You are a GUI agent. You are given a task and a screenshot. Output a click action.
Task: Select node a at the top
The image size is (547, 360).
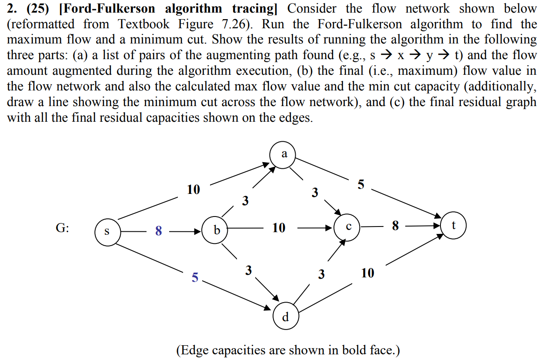pyautogui.click(x=284, y=154)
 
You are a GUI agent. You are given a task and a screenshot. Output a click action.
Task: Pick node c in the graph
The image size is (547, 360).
pyautogui.click(x=348, y=227)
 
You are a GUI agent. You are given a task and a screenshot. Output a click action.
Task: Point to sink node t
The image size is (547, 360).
pyautogui.click(x=454, y=226)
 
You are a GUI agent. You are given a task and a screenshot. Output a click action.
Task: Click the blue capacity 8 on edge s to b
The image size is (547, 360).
pyautogui.click(x=159, y=231)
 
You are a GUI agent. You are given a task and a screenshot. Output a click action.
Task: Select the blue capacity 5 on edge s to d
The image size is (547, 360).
pyautogui.click(x=195, y=277)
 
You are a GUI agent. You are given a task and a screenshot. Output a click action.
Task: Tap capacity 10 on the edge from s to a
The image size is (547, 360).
pyautogui.click(x=193, y=190)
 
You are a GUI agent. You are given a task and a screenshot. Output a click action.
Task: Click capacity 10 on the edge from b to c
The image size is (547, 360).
pyautogui.click(x=279, y=227)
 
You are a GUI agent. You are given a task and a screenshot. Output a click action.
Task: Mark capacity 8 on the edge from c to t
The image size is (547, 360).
pyautogui.click(x=395, y=226)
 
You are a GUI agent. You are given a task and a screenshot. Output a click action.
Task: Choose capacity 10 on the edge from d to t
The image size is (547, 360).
pyautogui.click(x=367, y=273)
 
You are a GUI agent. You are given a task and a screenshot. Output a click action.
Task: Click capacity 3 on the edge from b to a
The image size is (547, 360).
pyautogui.click(x=246, y=201)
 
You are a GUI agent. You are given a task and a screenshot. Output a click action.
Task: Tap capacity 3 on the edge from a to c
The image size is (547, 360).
pyautogui.click(x=315, y=192)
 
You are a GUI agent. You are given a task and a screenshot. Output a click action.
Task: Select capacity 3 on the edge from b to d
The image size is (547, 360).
pyautogui.click(x=248, y=270)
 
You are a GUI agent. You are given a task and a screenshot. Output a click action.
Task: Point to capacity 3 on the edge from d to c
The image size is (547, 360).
pyautogui.click(x=321, y=274)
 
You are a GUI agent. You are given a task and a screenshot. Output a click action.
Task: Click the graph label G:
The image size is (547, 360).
pyautogui.click(x=63, y=229)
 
